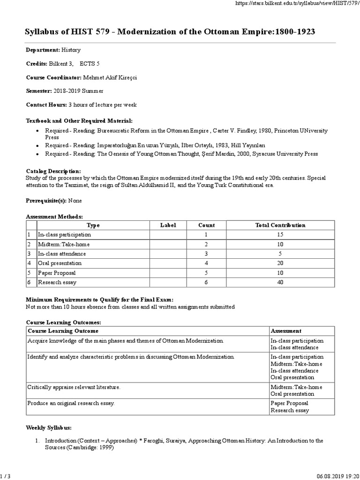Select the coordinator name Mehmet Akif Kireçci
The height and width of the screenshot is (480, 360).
pyautogui.click(x=117, y=77)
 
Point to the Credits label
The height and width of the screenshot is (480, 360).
pyautogui.click(x=37, y=63)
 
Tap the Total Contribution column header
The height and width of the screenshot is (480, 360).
pyautogui.click(x=280, y=225)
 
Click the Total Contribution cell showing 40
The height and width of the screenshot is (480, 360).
pyautogui.click(x=280, y=282)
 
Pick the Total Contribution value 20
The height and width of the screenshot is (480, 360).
pyautogui.click(x=280, y=263)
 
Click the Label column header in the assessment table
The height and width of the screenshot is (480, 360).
pyautogui.click(x=168, y=225)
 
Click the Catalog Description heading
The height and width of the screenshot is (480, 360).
pyautogui.click(x=53, y=171)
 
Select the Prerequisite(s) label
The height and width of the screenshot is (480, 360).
pyautogui.click(x=45, y=200)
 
